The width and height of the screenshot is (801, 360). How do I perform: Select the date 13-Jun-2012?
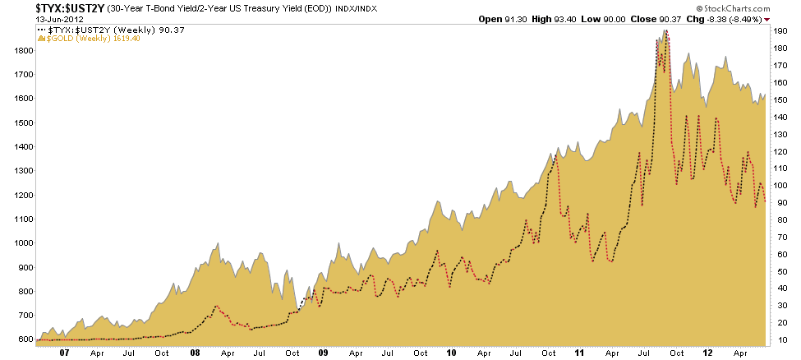26,20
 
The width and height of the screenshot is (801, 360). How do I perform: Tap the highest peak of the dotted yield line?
665,31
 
